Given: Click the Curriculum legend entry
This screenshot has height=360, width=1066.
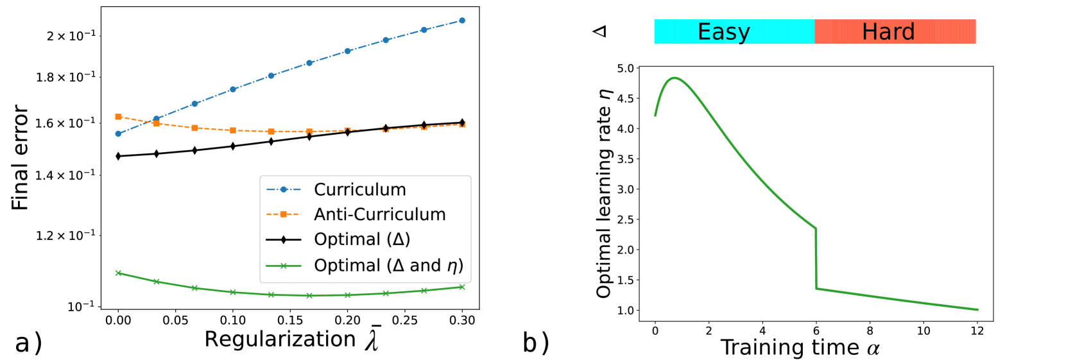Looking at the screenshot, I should tap(359, 190).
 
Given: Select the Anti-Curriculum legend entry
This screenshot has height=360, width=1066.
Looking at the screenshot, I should tap(379, 214).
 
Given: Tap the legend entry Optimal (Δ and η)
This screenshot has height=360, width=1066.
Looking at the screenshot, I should tap(388, 265).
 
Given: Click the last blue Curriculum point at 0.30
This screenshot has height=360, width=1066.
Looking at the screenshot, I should tap(462, 21).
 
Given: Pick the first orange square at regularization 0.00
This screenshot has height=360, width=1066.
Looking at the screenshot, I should tap(118, 117).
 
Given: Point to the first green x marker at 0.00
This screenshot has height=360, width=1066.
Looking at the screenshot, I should tap(118, 273).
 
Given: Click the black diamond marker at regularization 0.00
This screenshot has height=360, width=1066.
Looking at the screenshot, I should tap(118, 156).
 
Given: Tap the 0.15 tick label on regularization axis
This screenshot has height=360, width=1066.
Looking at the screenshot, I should tap(290, 320).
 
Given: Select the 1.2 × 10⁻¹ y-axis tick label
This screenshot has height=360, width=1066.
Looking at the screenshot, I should tap(65, 236).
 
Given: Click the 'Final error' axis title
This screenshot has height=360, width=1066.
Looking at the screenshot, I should tap(20, 158).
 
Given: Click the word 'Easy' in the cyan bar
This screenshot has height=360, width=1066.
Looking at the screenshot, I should tap(723, 31).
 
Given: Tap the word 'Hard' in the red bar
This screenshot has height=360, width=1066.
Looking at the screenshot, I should tap(888, 31).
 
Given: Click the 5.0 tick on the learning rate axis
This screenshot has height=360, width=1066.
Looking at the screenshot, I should tap(625, 68).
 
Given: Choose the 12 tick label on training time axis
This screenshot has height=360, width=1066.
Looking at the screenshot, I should tap(977, 331).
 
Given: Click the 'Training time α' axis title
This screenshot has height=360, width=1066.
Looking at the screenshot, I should tap(800, 347).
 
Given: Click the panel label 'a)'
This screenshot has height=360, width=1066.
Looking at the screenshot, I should tap(28, 343).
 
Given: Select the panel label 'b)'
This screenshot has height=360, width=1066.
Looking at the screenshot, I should tap(536, 343).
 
